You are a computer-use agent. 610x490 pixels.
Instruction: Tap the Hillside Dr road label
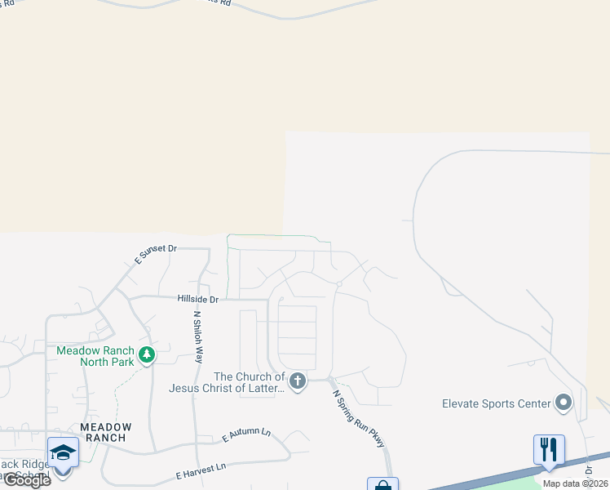pos(198,300)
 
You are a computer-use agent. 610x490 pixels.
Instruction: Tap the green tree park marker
pos(147,355)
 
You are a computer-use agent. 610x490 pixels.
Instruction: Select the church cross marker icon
pos(298,381)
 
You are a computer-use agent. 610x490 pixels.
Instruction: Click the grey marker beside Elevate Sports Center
pos(564,402)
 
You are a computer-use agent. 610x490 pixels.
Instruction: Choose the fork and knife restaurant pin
pos(549,449)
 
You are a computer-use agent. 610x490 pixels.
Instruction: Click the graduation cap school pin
pos(63,452)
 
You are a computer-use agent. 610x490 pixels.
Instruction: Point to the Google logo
pos(27,480)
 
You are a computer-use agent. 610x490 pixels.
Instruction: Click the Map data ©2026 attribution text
pos(575,483)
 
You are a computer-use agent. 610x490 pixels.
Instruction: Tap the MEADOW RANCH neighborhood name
pos(104,432)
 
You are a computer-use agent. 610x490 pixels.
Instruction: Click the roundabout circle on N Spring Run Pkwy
pos(338,284)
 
